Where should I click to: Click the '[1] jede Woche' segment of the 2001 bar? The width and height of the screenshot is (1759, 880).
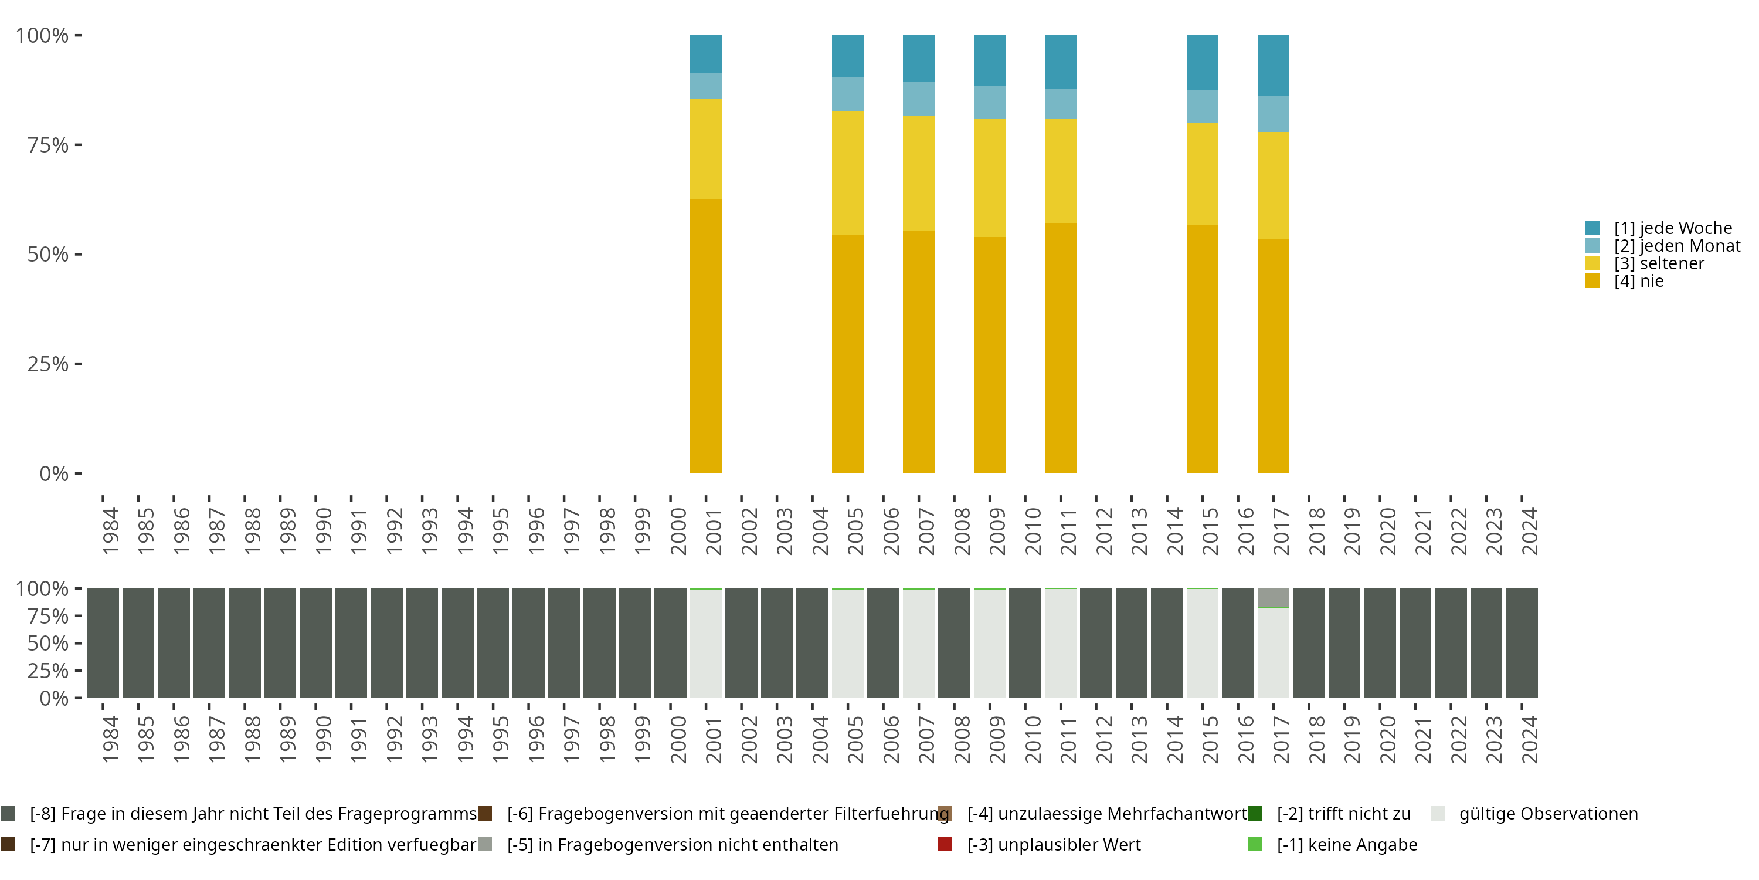(705, 54)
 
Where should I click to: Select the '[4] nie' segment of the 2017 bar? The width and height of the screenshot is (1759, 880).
(1273, 356)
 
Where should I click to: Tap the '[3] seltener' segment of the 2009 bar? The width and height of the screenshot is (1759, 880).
(990, 178)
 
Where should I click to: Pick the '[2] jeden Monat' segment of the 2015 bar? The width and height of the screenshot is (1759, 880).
(1202, 106)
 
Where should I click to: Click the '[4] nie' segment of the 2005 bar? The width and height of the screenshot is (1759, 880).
(847, 353)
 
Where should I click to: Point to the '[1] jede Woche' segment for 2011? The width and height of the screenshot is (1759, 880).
(1061, 62)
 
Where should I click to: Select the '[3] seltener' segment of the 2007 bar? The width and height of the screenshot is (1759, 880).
(918, 173)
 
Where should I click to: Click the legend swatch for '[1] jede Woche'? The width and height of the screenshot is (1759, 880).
(1592, 228)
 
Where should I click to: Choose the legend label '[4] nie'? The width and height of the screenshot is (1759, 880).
(1638, 282)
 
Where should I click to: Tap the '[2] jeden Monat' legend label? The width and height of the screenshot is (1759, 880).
(1676, 246)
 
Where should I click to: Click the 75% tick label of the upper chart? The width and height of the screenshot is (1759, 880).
(48, 145)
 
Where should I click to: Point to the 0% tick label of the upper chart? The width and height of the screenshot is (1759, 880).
(54, 473)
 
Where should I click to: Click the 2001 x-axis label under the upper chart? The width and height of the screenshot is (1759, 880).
(714, 532)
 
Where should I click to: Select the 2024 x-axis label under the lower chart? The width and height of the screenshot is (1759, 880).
(1530, 740)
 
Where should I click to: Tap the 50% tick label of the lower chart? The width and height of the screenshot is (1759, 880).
(48, 644)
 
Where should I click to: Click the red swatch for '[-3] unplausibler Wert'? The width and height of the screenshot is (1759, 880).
(945, 844)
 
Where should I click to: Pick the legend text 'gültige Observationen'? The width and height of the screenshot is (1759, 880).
(1548, 814)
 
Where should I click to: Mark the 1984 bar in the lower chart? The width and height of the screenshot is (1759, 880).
(103, 643)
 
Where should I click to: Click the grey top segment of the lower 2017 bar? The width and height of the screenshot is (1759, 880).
(1273, 598)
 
